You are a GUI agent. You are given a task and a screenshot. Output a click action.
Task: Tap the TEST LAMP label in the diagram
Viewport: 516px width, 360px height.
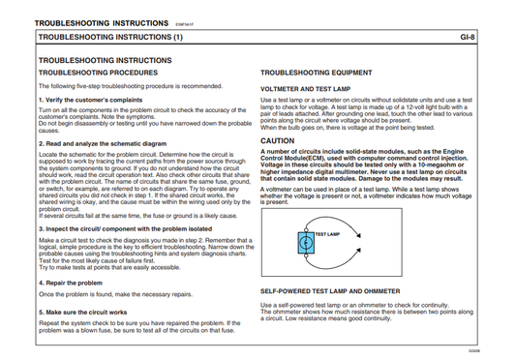click(x=326, y=234)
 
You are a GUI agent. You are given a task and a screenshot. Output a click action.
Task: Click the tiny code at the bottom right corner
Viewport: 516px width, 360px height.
click(x=501, y=351)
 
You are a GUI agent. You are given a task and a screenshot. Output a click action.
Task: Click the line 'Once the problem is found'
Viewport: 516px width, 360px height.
click(x=120, y=293)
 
